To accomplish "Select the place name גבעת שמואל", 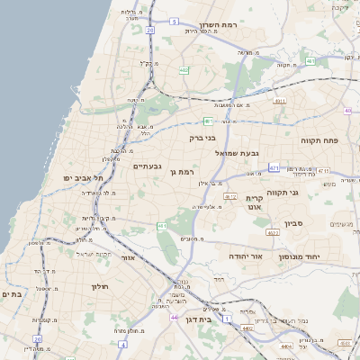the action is pos(238,153).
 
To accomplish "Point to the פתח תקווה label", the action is pos(319,140).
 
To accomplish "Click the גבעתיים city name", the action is pos(147,166).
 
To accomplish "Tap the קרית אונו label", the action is pos(254,202).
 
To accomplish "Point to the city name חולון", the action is pos(99,286).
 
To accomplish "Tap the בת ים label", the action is pos(12,294).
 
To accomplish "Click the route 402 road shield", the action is pos(184,69).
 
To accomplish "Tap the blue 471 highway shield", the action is pos(274,167).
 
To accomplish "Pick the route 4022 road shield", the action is pos(273,232).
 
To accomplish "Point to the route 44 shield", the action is pos(174,317).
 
